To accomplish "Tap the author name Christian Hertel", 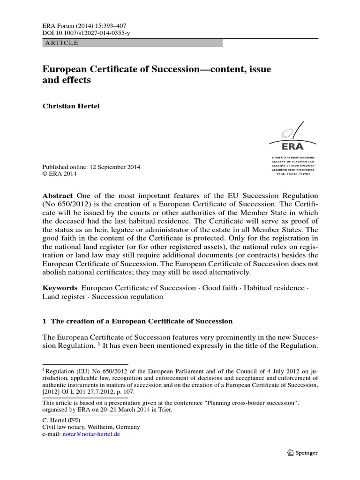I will click(71, 106).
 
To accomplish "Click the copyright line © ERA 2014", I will click(60, 174).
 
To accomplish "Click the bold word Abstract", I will click(58, 195).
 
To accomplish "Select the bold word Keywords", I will click(60, 287).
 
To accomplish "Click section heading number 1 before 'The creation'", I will click(45, 321).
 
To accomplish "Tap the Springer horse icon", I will click(290, 453).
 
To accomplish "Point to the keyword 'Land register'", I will click(63, 297).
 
